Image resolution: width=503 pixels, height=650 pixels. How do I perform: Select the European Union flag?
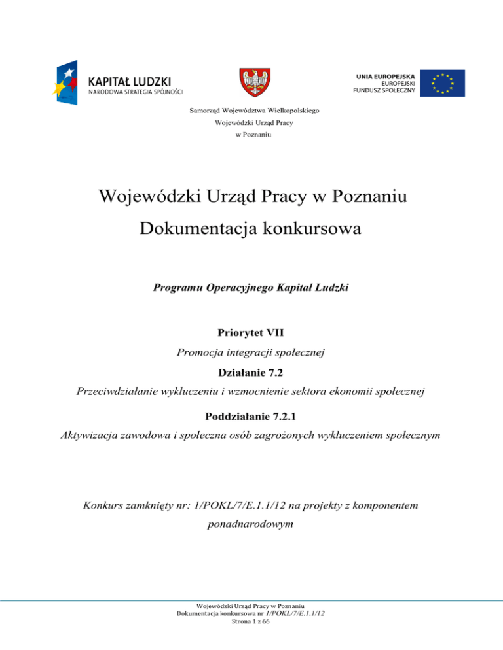[x=443, y=83]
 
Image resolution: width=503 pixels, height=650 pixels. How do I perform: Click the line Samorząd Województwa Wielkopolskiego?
[x=251, y=111]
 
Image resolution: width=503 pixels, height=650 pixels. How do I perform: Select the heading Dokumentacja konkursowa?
[x=251, y=229]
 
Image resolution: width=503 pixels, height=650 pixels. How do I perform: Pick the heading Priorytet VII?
[x=251, y=333]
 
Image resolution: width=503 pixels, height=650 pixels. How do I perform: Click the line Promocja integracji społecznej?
[x=251, y=352]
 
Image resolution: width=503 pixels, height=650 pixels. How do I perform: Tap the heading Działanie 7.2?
[x=251, y=373]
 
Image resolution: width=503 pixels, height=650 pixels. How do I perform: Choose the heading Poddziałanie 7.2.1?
[x=251, y=417]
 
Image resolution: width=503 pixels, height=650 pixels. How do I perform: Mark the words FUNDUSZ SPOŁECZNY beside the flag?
[x=381, y=92]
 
